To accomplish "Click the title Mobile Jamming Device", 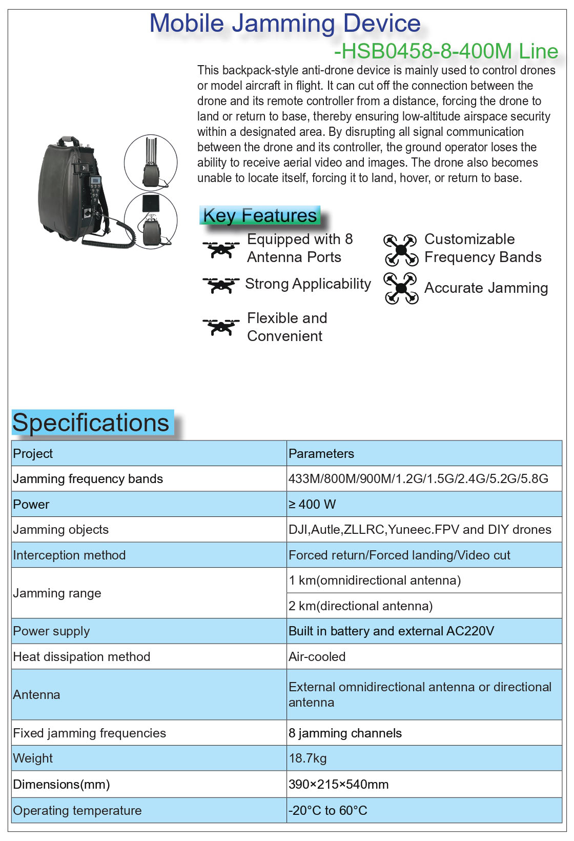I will (285, 24).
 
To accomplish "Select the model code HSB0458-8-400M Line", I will (446, 51).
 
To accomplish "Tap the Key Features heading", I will (260, 215).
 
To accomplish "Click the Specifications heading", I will (91, 423).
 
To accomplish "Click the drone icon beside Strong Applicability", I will (221, 285).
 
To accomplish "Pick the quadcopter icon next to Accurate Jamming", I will (401, 288).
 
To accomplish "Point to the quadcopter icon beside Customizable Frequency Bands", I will (401, 250).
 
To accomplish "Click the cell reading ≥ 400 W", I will (312, 504).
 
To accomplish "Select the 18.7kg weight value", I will (307, 758).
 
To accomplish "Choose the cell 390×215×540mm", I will (338, 784).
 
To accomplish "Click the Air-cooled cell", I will (317, 656).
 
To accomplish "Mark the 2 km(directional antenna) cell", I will (360, 606).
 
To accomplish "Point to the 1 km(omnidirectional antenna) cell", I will (375, 580).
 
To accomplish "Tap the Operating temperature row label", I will (77, 810).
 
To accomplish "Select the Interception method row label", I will (69, 555).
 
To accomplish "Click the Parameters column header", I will (321, 453).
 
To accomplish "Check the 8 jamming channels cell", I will (345, 733).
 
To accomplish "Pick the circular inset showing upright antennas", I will (151, 162).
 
